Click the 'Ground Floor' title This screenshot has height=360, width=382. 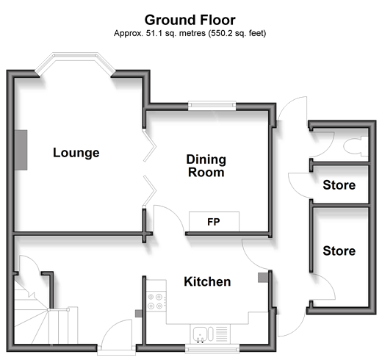190,20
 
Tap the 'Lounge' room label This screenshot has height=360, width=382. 76,153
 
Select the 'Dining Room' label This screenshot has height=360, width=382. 206,166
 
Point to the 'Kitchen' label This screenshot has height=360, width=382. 207,281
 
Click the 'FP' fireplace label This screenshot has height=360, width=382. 214,222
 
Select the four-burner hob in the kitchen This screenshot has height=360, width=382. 156,301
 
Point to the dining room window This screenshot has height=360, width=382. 212,105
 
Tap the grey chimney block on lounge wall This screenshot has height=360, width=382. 21,150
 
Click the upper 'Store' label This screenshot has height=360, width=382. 339,185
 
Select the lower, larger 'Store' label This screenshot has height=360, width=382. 339,251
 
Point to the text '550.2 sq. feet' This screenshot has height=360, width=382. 237,33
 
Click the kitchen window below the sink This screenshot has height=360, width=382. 212,348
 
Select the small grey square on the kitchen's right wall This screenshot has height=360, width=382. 263,278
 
